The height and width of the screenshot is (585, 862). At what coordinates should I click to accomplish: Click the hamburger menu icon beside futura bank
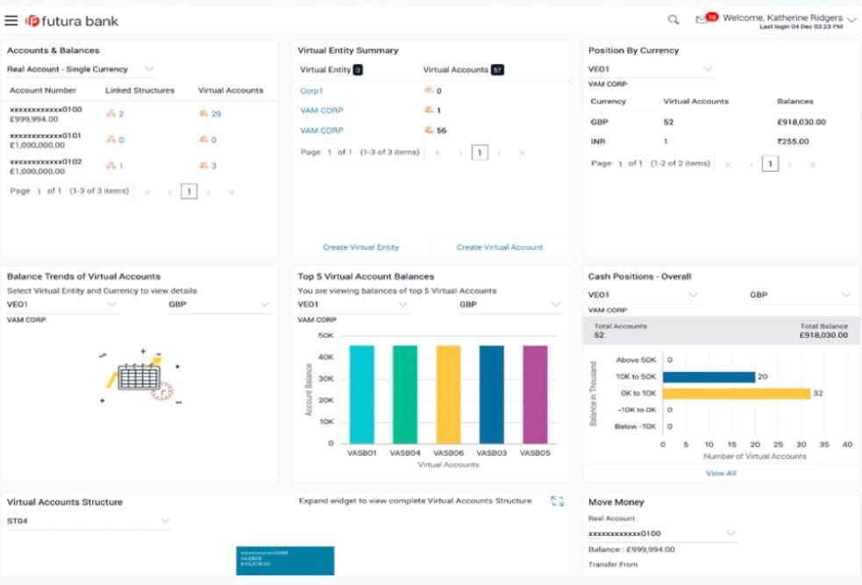click(11, 20)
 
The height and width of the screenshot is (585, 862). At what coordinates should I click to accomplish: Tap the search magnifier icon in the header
click(673, 19)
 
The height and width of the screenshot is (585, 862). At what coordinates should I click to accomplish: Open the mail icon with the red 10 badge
click(702, 19)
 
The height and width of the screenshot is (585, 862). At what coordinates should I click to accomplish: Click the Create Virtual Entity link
click(360, 247)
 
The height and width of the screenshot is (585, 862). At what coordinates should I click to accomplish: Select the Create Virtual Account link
click(500, 247)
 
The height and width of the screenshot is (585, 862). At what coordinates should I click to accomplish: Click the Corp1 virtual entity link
click(311, 90)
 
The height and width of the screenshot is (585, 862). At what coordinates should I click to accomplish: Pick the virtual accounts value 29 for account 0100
click(215, 114)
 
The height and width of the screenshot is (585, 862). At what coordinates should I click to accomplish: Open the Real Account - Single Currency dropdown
click(80, 69)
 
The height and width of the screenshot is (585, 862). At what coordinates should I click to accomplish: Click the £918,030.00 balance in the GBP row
click(801, 122)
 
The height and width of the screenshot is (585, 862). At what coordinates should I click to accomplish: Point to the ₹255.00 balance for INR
click(793, 141)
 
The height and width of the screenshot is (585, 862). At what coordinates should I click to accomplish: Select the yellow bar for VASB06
click(448, 394)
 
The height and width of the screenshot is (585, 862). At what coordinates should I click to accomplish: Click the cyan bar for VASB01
click(361, 394)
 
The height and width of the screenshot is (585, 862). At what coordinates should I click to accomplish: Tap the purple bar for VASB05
click(535, 394)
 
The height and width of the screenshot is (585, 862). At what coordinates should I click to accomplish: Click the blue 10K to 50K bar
click(709, 377)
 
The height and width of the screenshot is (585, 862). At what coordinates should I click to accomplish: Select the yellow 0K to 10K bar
click(736, 394)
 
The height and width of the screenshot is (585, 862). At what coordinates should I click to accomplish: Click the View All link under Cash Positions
click(721, 473)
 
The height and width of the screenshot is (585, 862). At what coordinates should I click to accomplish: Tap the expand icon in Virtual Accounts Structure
click(557, 501)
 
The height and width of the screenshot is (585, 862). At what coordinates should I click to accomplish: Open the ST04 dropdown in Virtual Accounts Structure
click(88, 521)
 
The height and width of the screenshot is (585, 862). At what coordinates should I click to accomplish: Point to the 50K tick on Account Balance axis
click(325, 335)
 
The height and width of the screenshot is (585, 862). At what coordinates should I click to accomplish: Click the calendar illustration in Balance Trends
click(139, 377)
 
